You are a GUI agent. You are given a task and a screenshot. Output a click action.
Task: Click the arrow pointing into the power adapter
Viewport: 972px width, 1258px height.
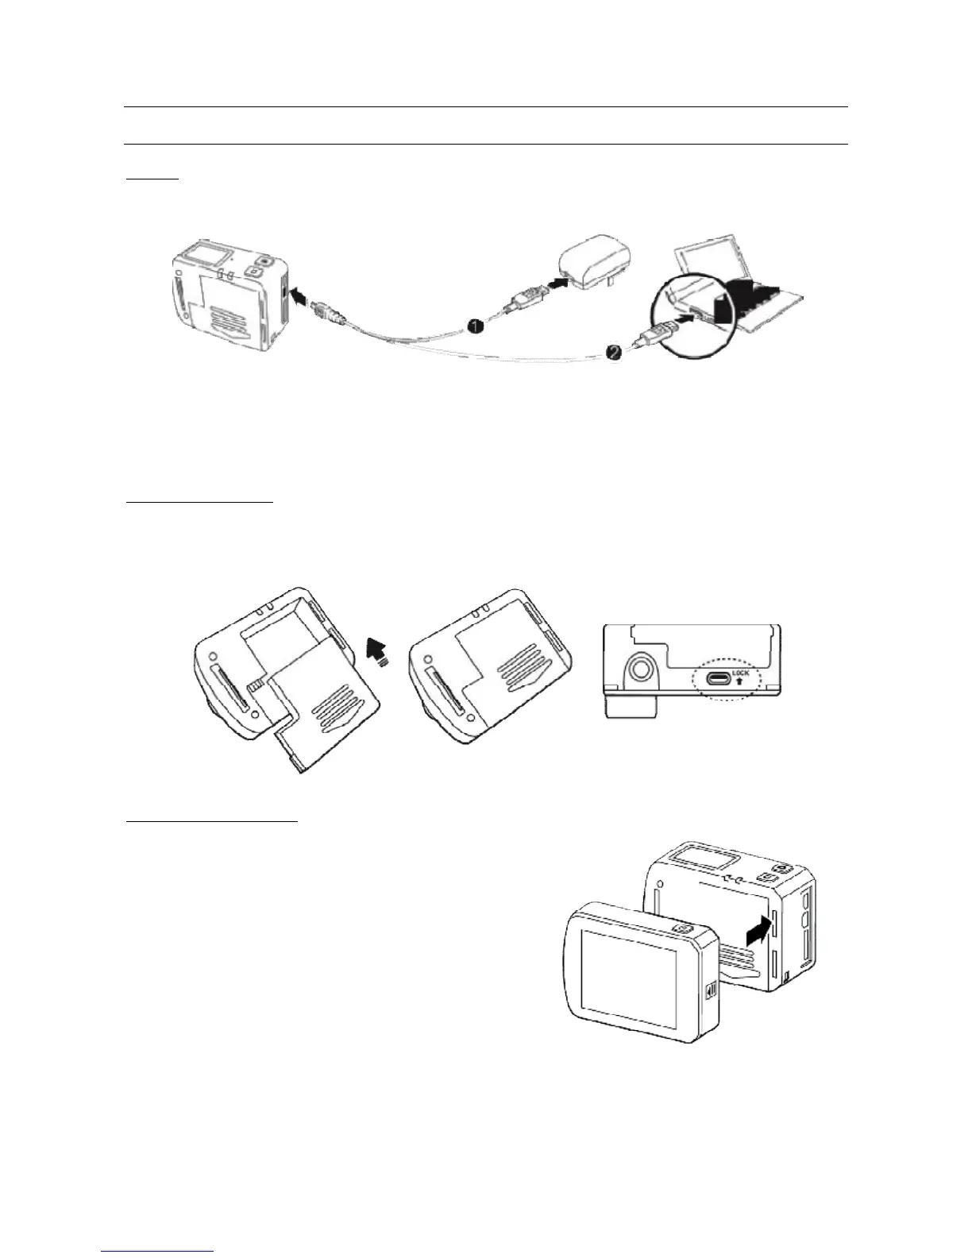point(559,281)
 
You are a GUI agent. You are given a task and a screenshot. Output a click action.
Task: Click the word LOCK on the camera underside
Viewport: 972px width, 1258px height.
point(740,673)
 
